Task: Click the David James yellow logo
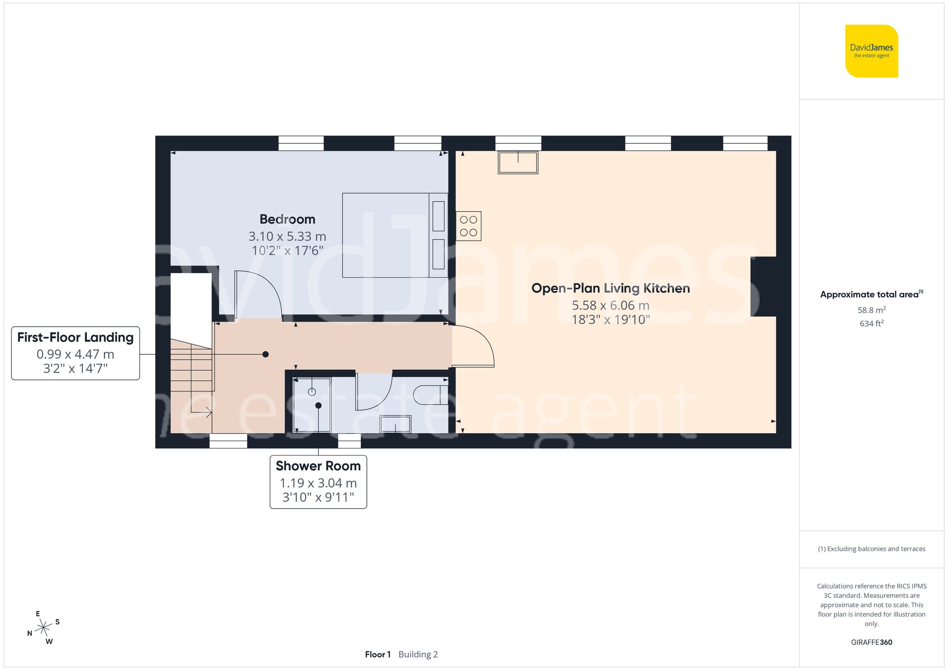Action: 871,51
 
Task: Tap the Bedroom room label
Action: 287,219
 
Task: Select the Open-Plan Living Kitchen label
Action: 611,288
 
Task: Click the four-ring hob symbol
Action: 468,226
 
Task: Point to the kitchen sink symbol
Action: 518,162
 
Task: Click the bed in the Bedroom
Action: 394,235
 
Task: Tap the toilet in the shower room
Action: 430,395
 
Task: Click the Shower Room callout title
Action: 318,466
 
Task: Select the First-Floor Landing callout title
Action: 75,338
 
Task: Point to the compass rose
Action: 44,628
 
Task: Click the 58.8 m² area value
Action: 871,310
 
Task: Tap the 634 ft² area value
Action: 871,324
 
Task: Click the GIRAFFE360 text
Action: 871,643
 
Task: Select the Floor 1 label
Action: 378,654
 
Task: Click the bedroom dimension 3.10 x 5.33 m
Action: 287,236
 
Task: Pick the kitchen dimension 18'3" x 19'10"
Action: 611,320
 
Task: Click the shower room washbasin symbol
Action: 395,424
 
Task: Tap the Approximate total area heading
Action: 871,295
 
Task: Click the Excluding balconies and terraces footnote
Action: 871,549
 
